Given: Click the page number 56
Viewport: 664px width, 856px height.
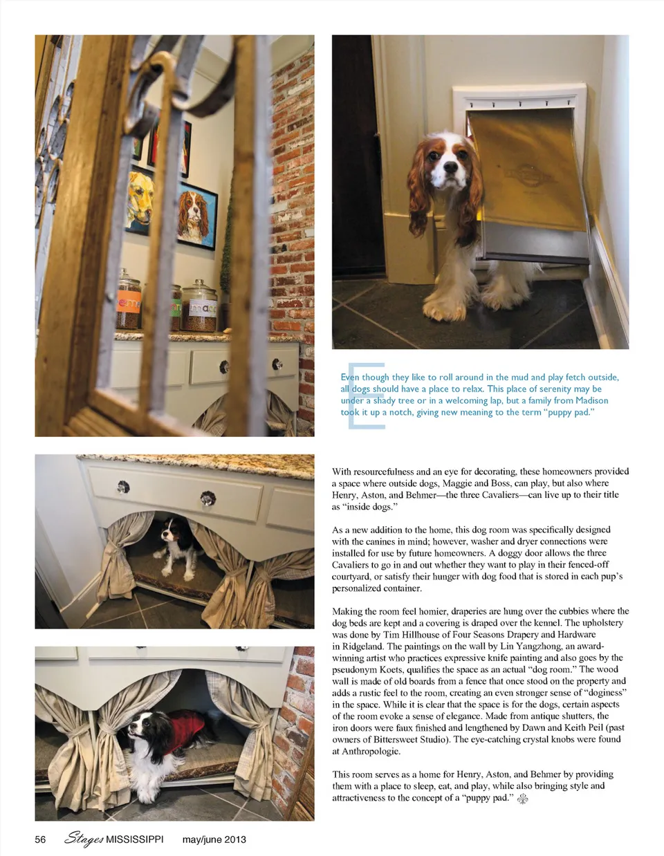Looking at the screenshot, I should [x=40, y=839].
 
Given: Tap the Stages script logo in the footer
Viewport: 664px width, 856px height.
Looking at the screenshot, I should [x=84, y=839].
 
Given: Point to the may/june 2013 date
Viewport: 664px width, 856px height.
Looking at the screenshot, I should [x=214, y=839].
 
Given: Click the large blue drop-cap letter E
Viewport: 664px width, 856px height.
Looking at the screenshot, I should [x=365, y=395].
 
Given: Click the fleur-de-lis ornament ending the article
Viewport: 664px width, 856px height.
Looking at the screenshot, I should [x=524, y=799].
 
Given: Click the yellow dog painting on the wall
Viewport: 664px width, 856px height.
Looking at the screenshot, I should [x=140, y=197].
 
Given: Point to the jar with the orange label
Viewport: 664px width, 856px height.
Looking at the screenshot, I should [x=129, y=302].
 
